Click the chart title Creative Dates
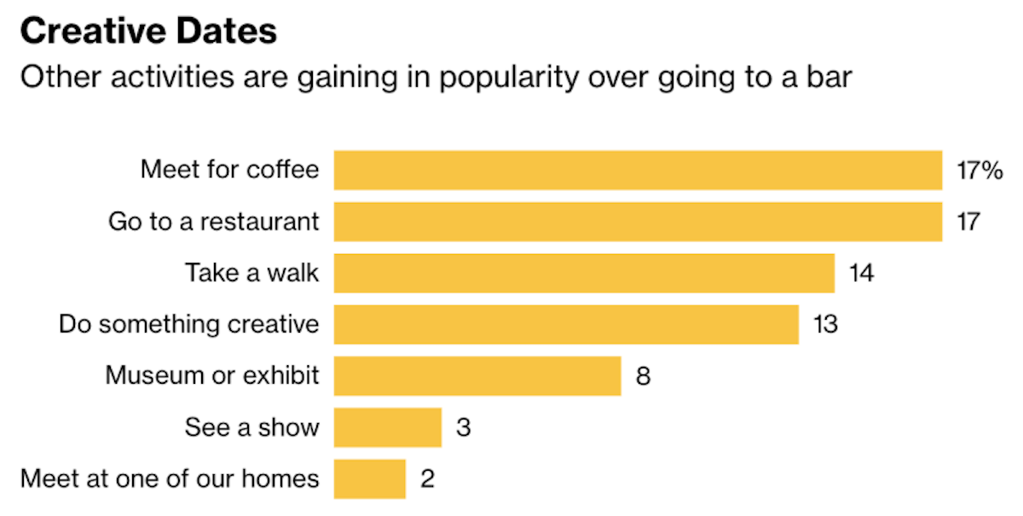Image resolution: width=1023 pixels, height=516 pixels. pos(148,32)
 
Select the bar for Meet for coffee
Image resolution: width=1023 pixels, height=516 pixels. pos(638,170)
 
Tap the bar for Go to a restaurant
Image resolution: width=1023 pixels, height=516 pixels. pos(638,222)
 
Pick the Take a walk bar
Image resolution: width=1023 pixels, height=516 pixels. pos(584,273)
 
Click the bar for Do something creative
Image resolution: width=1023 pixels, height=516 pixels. pos(566,324)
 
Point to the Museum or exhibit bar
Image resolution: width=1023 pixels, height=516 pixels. pos(477,376)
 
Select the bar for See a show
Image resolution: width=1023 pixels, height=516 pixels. pos(388,427)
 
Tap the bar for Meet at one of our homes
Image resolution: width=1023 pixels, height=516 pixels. pos(370,478)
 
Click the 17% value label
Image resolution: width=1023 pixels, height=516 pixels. pos(979,171)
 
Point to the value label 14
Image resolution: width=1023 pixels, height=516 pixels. pos(861,274)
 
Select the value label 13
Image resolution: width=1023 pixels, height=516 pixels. pos(825,325)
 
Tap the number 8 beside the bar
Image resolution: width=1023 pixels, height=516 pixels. pos(643,376)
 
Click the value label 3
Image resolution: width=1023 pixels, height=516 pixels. pos(463,427)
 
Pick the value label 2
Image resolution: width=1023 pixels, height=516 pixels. pos(427,478)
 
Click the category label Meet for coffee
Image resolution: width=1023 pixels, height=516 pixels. pos(230,170)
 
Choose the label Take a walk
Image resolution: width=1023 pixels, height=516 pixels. pos(252,273)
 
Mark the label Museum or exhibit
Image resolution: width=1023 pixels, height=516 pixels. pos(212,375)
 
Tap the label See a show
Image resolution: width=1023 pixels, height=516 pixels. pos(252,427)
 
